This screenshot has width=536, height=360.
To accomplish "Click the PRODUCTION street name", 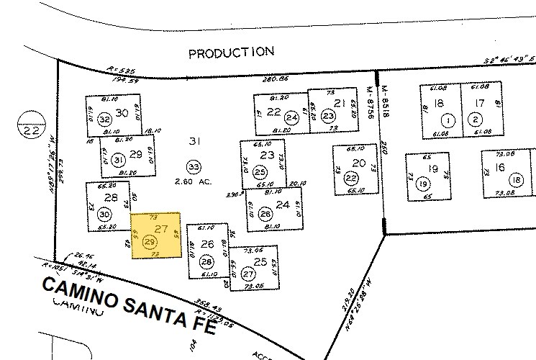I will coord(231,52).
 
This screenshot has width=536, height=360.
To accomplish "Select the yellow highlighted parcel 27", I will coord(155,235).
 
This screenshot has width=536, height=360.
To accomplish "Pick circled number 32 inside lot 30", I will coord(105,120).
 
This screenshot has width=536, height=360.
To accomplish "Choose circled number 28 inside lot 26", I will coord(206,261).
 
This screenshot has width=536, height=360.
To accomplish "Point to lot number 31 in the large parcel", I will coord(193,140).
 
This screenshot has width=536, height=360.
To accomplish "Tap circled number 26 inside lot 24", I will coord(265,214).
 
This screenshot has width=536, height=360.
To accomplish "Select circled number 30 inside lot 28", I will coord(104,214).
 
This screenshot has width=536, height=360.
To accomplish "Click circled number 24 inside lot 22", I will coord(291,118).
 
